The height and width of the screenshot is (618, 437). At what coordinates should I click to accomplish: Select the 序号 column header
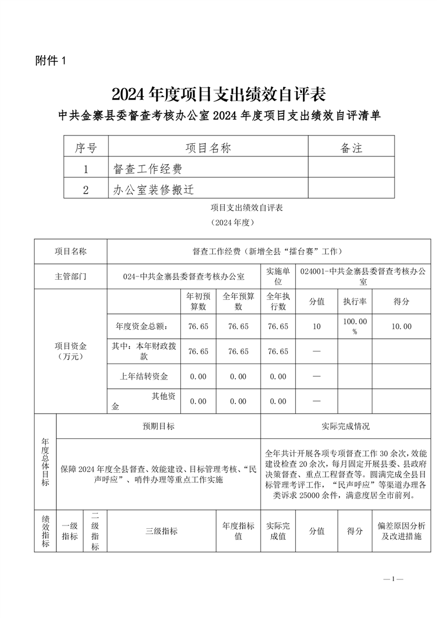click(85, 148)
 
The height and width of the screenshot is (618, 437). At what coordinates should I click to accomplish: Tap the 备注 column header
click(351, 148)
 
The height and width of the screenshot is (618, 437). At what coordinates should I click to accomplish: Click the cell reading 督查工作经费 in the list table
click(147, 169)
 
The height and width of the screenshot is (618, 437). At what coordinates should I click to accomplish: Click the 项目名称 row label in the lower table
click(71, 252)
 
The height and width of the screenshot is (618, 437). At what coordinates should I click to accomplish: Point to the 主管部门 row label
click(71, 277)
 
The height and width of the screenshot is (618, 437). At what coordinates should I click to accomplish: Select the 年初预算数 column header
click(198, 301)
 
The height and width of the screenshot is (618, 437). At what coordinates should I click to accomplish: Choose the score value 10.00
click(401, 326)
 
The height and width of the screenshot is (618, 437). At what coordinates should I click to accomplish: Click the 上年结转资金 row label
click(144, 377)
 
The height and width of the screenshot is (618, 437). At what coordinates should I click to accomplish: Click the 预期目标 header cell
click(159, 426)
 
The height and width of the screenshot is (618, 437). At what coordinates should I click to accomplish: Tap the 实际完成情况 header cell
click(346, 426)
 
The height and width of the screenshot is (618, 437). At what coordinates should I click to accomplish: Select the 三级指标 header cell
click(161, 531)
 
